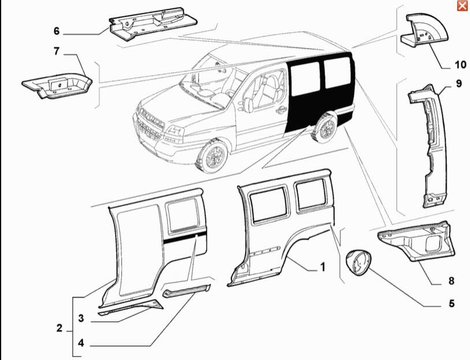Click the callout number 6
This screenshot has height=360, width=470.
click(57, 31)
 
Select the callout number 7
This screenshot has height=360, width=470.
click(57, 51)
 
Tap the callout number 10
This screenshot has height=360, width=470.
click(461, 65)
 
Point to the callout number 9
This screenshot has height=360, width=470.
click(459, 83)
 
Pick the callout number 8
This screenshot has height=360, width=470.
click(452, 281)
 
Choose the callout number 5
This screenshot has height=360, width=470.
click(452, 303)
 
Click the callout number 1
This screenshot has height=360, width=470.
click(323, 267)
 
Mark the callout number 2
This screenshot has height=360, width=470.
click(59, 328)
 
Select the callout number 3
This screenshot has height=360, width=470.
click(81, 318)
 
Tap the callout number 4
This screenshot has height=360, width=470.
click(81, 343)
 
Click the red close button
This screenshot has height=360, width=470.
click(462, 6)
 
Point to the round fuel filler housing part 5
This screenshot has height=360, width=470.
click(358, 262)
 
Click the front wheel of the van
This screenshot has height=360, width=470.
click(212, 156)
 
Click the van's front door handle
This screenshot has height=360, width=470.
click(281, 110)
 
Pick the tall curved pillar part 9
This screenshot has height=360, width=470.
click(428, 146)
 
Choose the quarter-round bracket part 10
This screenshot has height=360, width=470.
click(425, 30)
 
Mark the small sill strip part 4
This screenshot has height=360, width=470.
click(186, 291)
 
